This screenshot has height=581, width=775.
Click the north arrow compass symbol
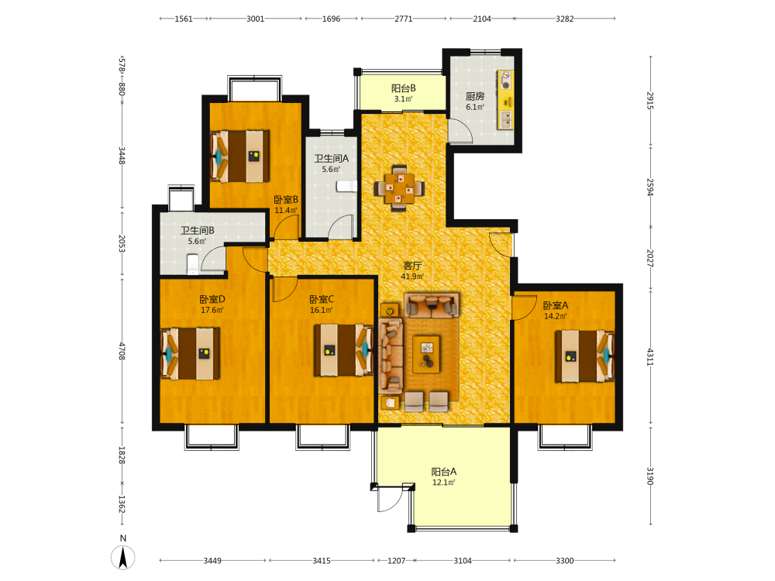[122, 558]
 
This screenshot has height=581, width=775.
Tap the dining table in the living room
[399, 188]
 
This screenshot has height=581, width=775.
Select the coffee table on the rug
[426, 354]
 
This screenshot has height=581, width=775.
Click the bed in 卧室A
[584, 356]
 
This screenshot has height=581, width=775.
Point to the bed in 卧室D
[191, 353]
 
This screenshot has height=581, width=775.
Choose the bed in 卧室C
[343, 350]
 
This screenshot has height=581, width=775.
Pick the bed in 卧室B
[240, 156]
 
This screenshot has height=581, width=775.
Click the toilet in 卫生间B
[192, 264]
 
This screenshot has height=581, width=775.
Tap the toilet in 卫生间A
[346, 186]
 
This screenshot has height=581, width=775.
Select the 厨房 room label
[475, 96]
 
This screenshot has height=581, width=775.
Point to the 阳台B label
[403, 88]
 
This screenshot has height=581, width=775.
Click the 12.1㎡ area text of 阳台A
[444, 482]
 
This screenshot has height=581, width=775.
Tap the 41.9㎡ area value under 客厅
[412, 277]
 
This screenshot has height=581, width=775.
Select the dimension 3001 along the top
[255, 19]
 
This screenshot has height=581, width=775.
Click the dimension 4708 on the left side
[122, 351]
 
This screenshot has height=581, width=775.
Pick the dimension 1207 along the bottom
[396, 561]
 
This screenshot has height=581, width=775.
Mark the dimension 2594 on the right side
[650, 187]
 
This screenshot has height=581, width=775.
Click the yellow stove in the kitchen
[505, 80]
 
